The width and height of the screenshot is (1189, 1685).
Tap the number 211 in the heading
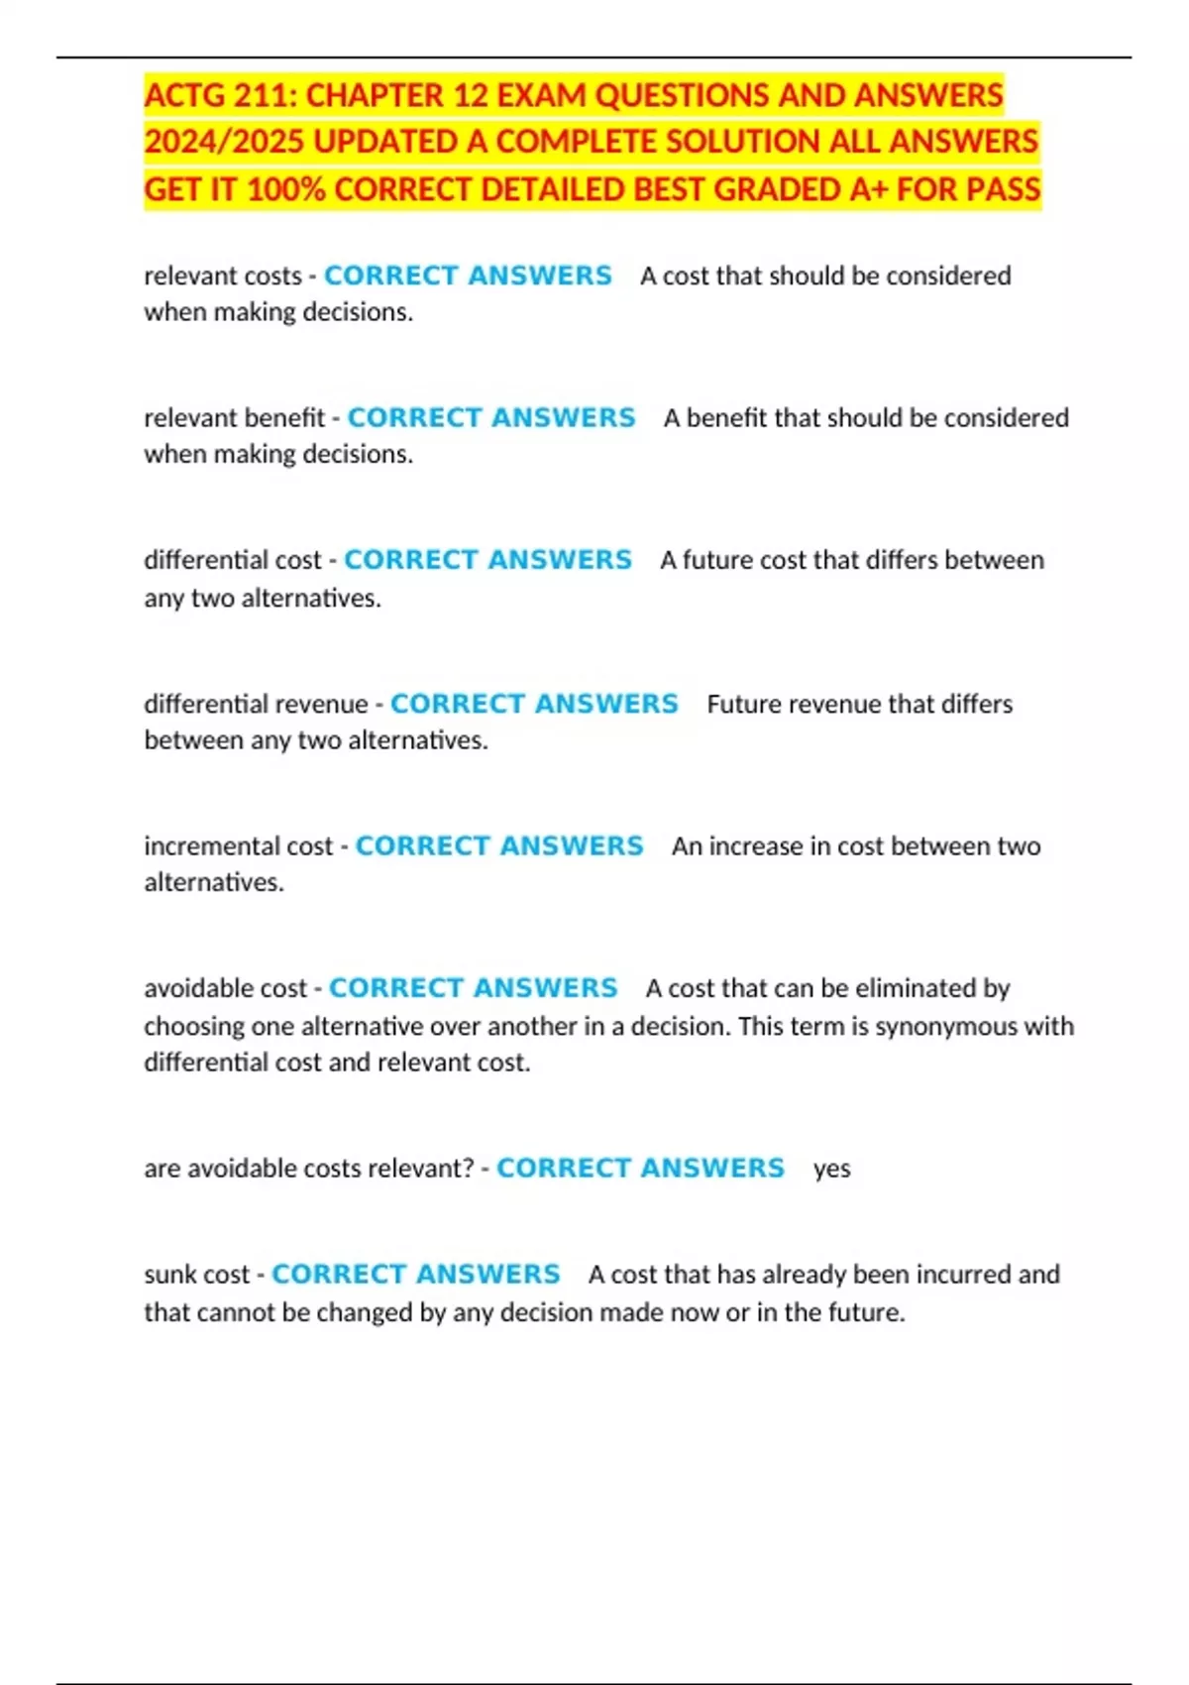(x=265, y=95)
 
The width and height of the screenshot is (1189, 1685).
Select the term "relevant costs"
(x=223, y=276)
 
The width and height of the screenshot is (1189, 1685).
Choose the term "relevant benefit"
(x=234, y=418)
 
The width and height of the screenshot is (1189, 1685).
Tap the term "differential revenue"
(x=256, y=704)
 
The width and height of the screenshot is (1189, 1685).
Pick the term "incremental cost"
(x=239, y=846)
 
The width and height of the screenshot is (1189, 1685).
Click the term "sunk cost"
(x=196, y=1275)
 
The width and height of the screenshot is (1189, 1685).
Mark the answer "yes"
(x=831, y=1170)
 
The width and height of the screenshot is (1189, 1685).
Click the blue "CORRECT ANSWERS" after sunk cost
(x=416, y=1275)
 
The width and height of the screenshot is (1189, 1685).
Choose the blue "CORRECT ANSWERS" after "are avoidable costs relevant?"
(x=640, y=1169)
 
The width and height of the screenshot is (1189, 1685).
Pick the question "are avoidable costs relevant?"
(x=309, y=1169)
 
